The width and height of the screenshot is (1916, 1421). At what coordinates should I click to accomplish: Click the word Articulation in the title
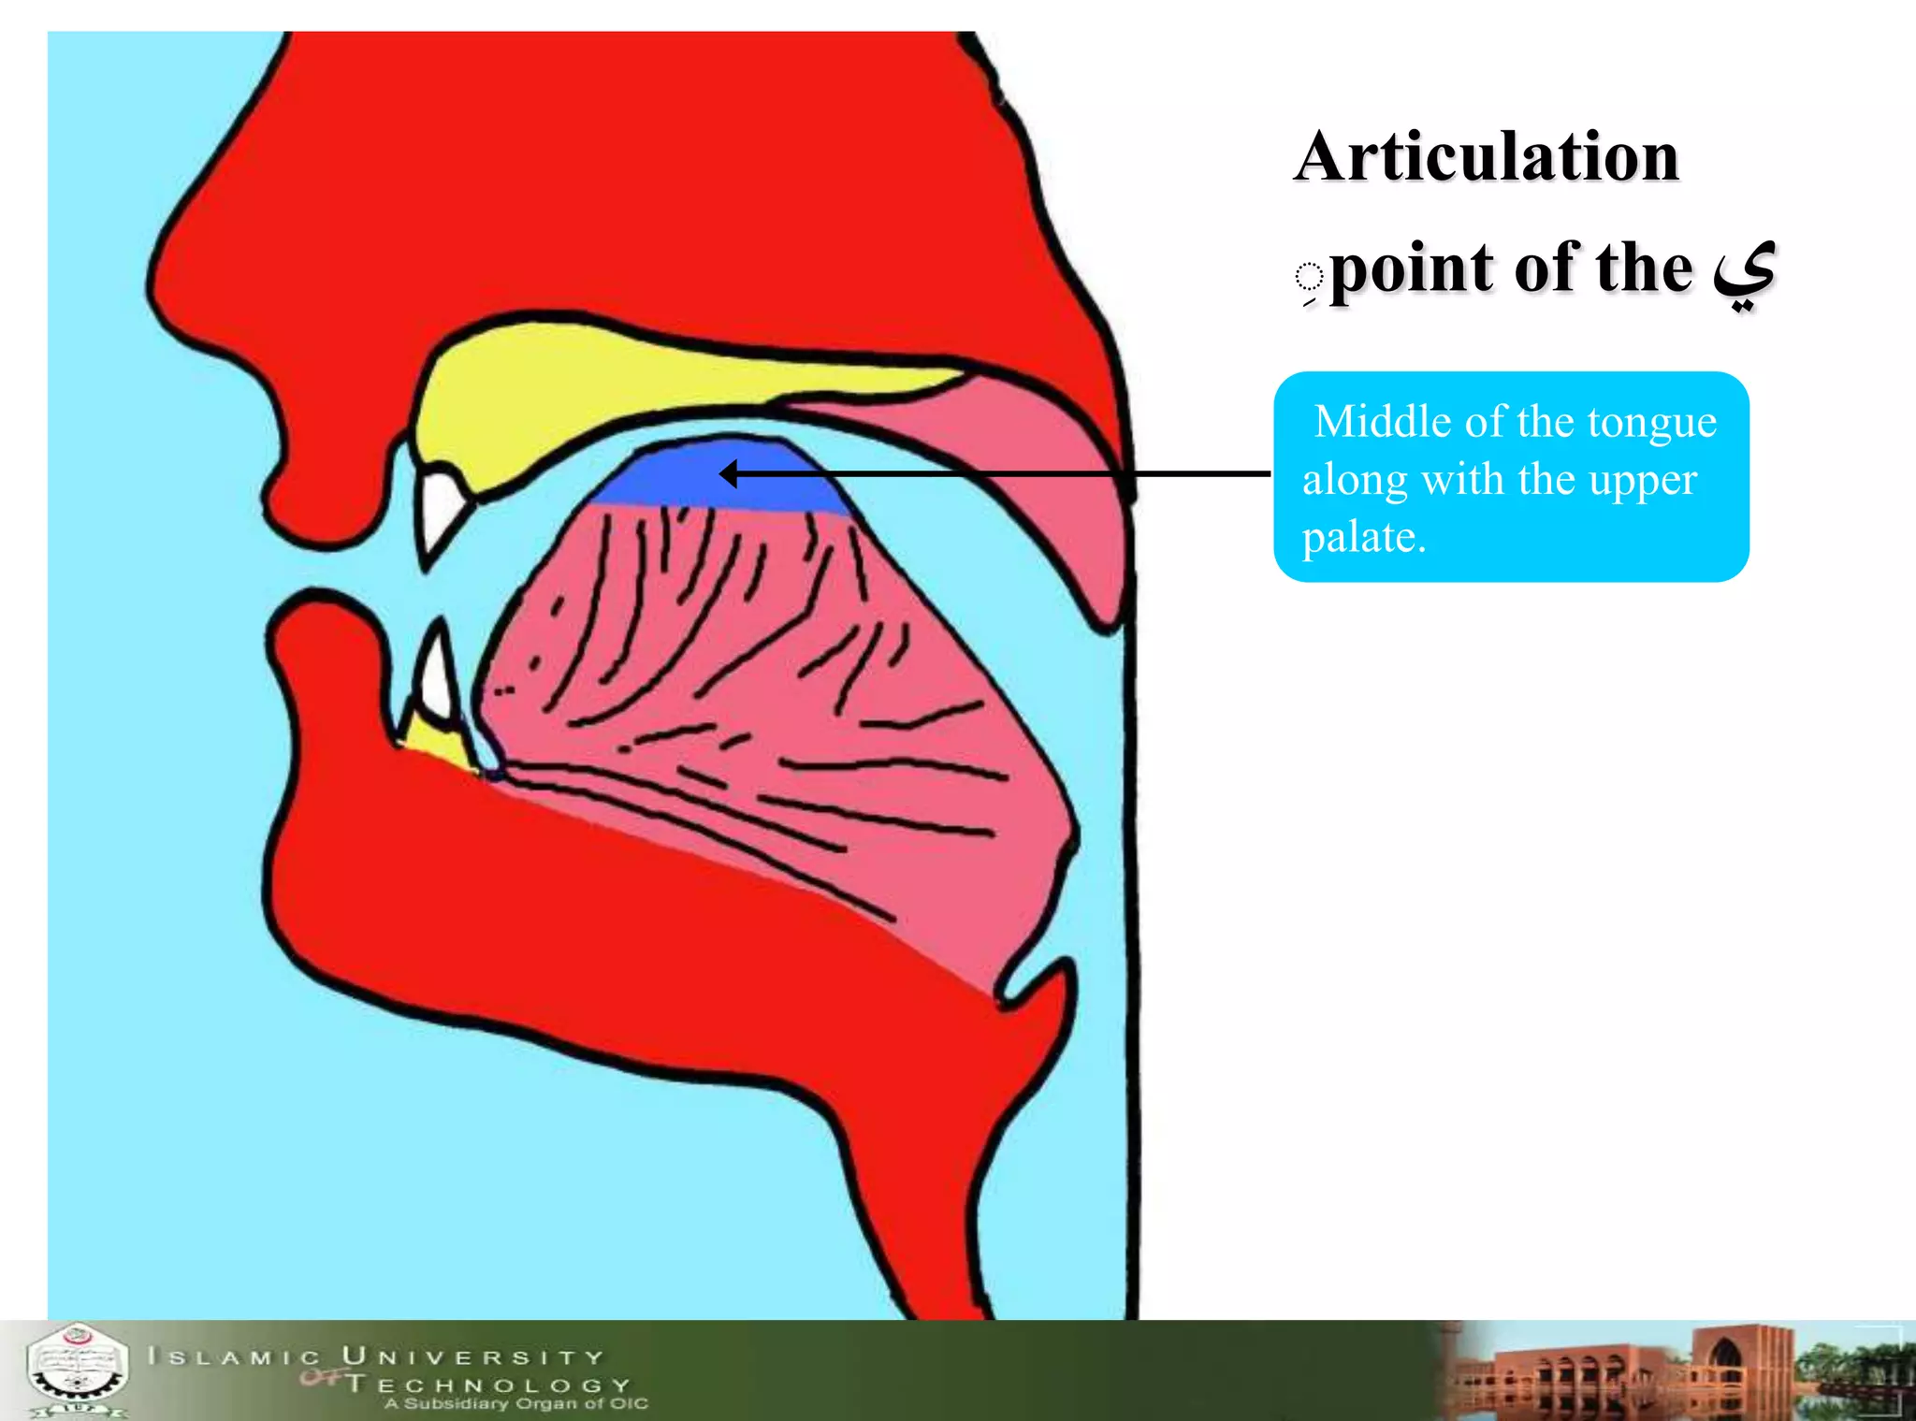pyautogui.click(x=1487, y=156)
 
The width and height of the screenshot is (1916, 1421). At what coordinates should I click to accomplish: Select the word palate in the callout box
pyautogui.click(x=1362, y=537)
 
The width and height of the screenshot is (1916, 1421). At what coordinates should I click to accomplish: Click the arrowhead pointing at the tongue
pyautogui.click(x=728, y=474)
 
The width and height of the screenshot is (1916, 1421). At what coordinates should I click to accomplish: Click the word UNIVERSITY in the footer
pyautogui.click(x=473, y=1356)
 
